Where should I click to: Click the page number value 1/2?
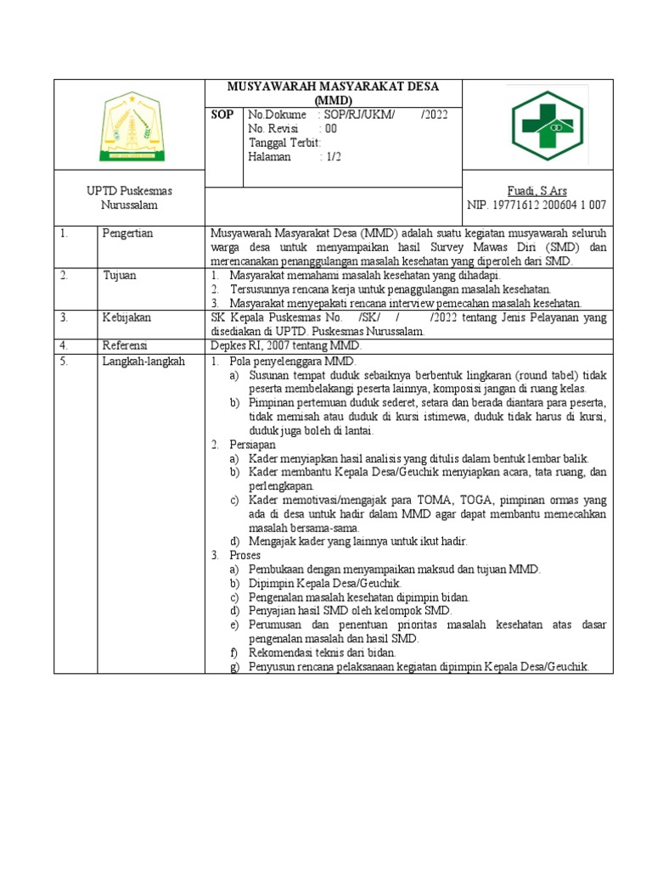tap(329, 157)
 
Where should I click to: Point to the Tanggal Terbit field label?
tap(284, 143)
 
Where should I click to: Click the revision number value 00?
tap(329, 129)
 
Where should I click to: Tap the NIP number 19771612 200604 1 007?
tap(537, 205)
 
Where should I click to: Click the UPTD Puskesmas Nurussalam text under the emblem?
tap(130, 198)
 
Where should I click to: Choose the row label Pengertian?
tap(127, 233)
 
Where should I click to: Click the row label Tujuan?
tap(120, 276)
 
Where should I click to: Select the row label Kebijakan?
tap(126, 317)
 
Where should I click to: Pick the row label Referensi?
tap(125, 345)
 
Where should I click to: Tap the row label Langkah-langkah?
tap(143, 361)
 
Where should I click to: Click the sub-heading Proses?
tap(247, 555)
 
